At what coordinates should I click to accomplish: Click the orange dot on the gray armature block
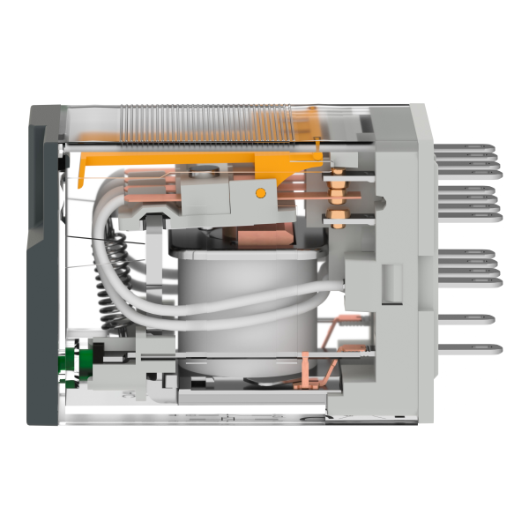point(260,191)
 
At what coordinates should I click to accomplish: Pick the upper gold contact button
point(337,186)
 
